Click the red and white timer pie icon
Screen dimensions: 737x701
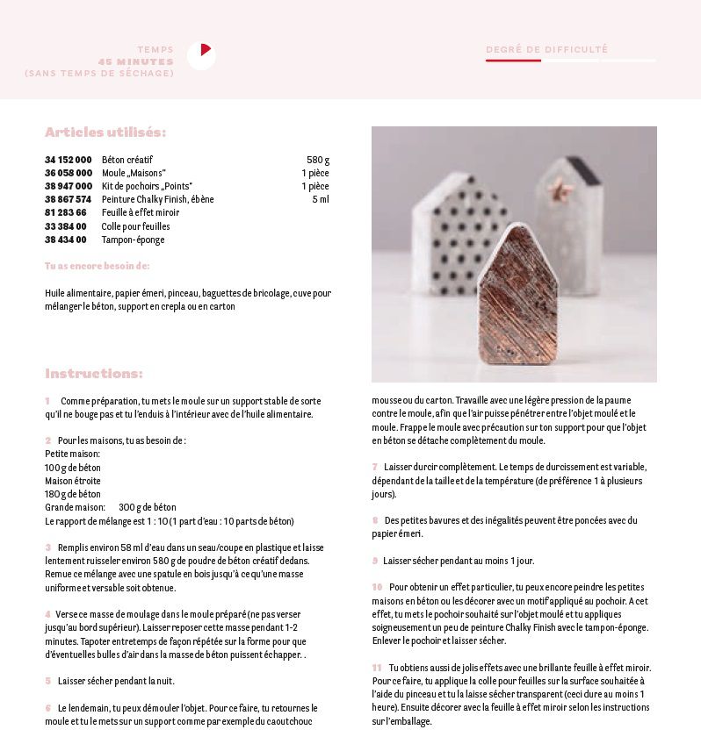201,55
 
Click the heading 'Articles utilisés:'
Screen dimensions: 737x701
105,132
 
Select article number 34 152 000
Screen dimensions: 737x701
69,160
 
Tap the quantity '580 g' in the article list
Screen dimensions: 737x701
317,160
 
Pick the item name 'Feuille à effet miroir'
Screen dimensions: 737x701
141,212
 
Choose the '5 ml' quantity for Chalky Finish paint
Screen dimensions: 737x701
320,199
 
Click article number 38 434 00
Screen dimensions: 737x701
66,240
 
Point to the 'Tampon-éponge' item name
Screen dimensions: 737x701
133,240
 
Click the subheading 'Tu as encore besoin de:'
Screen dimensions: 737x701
97,266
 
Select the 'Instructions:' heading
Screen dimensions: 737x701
94,374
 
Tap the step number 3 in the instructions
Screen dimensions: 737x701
48,547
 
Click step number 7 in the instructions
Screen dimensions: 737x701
375,467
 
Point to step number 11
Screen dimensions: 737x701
377,668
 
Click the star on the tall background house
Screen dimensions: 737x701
555,187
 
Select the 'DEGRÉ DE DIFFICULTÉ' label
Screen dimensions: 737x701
546,50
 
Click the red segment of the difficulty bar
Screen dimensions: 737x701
513,61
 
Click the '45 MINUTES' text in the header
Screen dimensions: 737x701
135,61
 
